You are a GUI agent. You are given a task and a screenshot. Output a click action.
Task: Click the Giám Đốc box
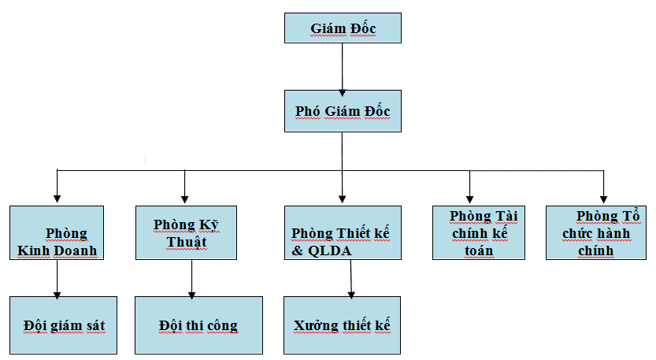click(x=343, y=29)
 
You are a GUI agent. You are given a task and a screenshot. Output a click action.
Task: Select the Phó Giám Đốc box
click(x=343, y=111)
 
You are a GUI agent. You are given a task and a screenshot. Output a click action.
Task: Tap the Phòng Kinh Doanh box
click(x=57, y=233)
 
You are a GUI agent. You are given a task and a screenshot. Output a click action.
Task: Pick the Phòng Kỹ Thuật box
click(x=185, y=233)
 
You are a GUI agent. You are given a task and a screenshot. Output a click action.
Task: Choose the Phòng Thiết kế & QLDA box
click(x=343, y=233)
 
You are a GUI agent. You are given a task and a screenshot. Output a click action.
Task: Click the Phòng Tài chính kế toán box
click(x=478, y=233)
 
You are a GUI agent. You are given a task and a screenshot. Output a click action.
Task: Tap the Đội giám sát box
click(x=63, y=325)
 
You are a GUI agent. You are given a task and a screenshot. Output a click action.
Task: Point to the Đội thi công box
click(x=198, y=325)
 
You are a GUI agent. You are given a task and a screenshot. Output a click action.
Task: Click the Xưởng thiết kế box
click(x=342, y=325)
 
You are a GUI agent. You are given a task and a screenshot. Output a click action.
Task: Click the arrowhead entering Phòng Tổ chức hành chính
click(x=604, y=199)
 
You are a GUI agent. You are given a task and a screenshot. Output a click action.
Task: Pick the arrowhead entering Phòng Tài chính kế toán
click(x=469, y=199)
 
